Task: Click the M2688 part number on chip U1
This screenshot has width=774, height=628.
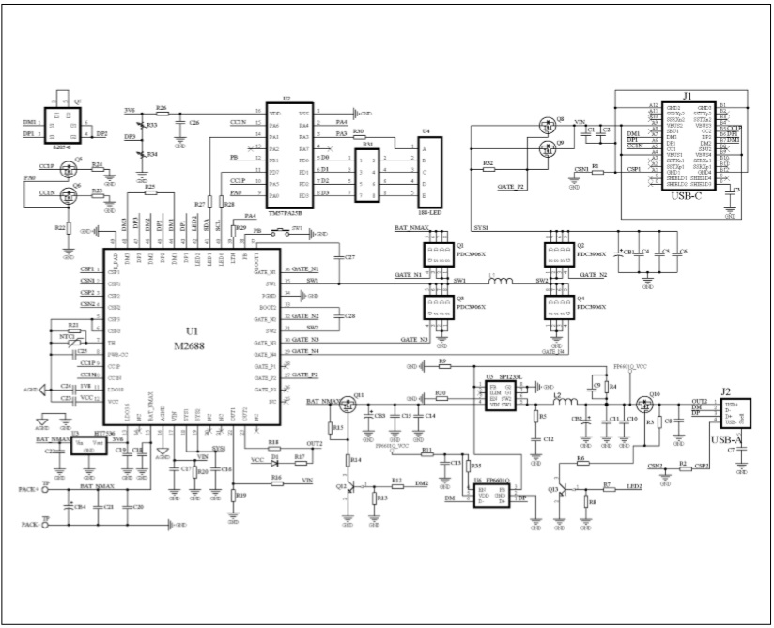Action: click(193, 345)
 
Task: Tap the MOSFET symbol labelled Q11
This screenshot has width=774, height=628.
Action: click(348, 405)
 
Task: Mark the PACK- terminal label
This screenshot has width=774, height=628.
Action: click(30, 522)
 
